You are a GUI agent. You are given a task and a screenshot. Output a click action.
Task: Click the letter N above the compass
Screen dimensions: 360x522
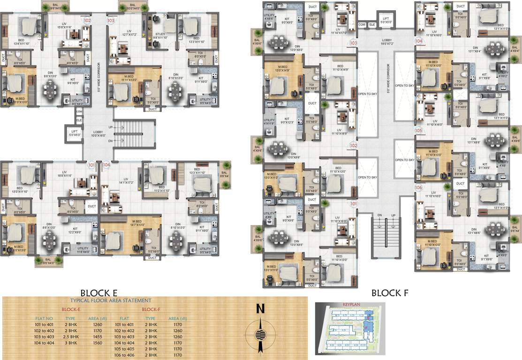[x=261, y=309]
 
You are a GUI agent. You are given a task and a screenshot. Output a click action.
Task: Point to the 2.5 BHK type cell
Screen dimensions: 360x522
[x=70, y=337]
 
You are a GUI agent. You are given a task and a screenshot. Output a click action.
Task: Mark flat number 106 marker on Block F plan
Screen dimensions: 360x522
[x=419, y=187]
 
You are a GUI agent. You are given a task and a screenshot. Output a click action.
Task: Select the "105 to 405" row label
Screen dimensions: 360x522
[x=124, y=350]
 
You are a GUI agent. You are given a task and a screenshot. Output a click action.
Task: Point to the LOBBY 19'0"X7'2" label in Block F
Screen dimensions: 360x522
[x=388, y=42]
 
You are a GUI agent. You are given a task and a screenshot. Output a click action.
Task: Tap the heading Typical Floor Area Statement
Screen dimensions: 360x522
[x=111, y=300]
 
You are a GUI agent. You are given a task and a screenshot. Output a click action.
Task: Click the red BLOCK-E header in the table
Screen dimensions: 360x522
[x=72, y=309]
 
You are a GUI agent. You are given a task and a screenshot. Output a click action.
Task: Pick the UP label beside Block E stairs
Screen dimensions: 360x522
[x=111, y=127]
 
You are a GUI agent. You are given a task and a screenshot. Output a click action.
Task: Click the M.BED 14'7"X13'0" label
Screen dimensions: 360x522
[x=137, y=223]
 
